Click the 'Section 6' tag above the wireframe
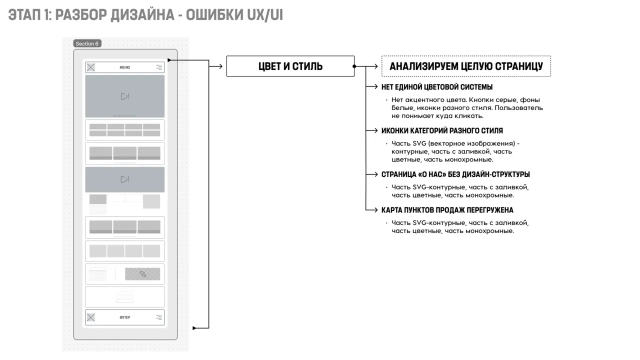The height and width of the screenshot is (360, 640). [x=87, y=43]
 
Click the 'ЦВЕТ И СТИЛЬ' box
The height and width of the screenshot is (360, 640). [x=290, y=66]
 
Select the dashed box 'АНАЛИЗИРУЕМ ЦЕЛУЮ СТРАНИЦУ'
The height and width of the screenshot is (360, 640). [x=466, y=66]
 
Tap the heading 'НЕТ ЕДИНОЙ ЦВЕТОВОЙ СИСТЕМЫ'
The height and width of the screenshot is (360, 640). [x=437, y=87]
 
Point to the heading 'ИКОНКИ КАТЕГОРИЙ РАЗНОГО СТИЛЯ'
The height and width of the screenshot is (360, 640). [x=442, y=130]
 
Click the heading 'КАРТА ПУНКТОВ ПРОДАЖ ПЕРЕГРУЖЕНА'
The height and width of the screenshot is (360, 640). [x=447, y=210]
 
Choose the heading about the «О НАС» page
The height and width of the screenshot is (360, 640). [x=455, y=174]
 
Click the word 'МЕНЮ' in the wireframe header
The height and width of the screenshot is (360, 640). [x=124, y=67]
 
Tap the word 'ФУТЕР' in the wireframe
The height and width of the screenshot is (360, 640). [x=125, y=317]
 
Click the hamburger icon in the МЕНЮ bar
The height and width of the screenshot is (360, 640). [x=159, y=67]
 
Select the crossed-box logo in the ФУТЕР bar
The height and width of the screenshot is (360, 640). [x=91, y=317]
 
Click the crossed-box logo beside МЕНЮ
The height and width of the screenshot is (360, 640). [x=91, y=67]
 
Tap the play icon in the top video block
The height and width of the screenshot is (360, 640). [x=125, y=96]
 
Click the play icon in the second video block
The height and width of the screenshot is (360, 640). [x=125, y=179]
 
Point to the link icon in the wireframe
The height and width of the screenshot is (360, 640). [x=143, y=274]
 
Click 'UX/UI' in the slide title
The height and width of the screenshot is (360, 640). [x=265, y=15]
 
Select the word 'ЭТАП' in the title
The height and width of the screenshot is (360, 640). [x=24, y=15]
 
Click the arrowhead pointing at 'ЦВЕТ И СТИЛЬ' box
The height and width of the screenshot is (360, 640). [x=220, y=66]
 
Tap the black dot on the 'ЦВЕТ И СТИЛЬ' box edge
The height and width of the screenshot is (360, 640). [x=354, y=66]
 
